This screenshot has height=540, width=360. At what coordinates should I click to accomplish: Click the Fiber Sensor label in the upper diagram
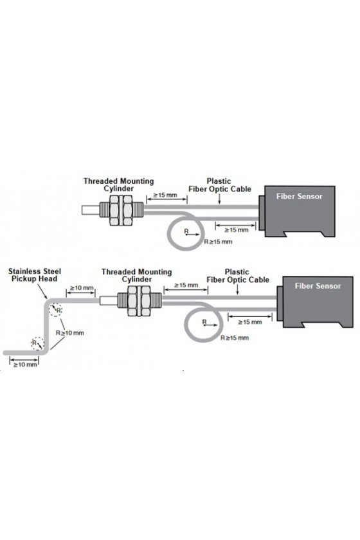click(x=299, y=196)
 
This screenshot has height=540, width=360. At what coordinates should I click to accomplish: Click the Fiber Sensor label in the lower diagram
click(x=318, y=286)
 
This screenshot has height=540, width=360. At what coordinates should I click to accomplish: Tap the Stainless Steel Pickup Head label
click(x=35, y=275)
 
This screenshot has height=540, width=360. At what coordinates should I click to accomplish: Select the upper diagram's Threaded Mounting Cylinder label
click(x=118, y=184)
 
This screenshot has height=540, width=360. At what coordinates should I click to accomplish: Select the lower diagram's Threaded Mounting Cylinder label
click(x=136, y=276)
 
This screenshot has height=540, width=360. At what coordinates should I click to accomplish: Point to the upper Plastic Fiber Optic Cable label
click(x=220, y=185)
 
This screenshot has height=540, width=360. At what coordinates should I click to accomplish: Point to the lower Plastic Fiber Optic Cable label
click(x=238, y=276)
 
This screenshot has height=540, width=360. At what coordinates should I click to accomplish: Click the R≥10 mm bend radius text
click(x=70, y=333)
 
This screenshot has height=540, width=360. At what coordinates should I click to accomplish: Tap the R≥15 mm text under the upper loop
click(x=218, y=242)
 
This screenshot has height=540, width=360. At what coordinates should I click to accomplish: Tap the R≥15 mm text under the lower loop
click(x=235, y=338)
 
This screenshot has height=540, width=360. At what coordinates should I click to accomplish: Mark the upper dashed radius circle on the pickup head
click(x=55, y=310)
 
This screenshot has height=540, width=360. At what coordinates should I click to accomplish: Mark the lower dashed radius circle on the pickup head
click(x=37, y=343)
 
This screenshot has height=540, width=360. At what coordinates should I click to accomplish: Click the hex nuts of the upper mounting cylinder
click(x=121, y=210)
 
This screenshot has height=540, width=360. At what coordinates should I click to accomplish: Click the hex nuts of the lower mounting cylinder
click(x=139, y=301)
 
